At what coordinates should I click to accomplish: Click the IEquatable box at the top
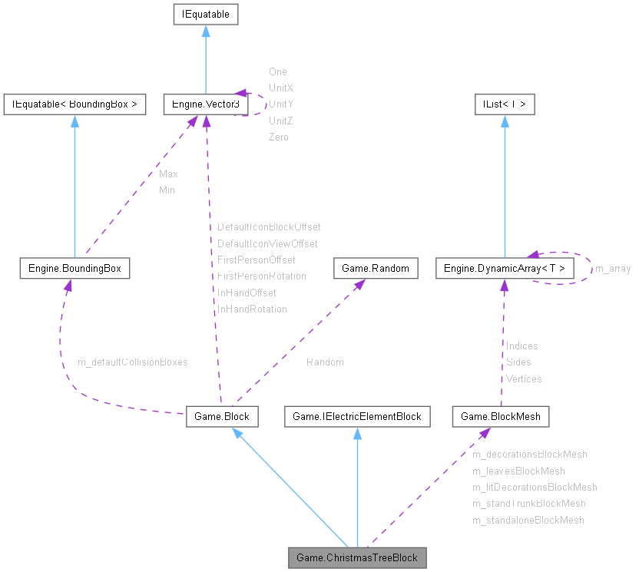pos(205,14)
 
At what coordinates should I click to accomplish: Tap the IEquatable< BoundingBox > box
pos(74,104)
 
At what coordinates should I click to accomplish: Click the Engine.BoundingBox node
pos(74,268)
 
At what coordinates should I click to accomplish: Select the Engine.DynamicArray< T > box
pos(504,268)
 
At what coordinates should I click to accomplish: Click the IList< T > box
pos(504,104)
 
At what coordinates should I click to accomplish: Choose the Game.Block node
pos(221,417)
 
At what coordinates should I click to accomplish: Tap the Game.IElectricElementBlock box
pos(357,417)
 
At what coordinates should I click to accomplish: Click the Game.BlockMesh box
pos(501,417)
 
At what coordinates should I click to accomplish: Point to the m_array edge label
pos(613,269)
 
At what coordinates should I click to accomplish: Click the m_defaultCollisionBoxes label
pos(133,362)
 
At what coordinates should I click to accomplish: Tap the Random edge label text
pos(325,362)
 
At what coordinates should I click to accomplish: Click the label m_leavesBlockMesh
pos(518,471)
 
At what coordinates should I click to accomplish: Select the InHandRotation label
pos(252,309)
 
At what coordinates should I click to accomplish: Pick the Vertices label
pos(524,379)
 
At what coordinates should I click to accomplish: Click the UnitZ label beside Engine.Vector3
pos(281,121)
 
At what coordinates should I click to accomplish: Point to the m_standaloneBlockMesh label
pos(528,520)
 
